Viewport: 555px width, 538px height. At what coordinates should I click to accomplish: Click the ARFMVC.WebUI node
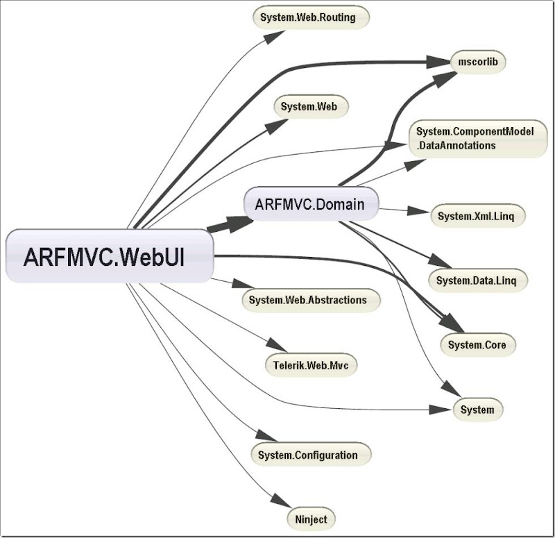tap(109, 256)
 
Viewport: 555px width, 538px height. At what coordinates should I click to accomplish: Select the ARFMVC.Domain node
tap(311, 204)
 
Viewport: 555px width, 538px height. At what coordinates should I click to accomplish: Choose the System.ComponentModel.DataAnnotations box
tap(476, 139)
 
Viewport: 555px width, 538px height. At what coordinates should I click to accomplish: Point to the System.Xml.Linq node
tap(478, 216)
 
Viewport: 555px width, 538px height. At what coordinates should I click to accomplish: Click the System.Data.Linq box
tap(481, 280)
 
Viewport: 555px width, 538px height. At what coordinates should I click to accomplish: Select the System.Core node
tap(477, 344)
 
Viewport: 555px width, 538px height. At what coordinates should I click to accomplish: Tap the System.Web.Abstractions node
tap(312, 300)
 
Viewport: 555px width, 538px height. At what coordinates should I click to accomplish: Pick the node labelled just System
tap(477, 410)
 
